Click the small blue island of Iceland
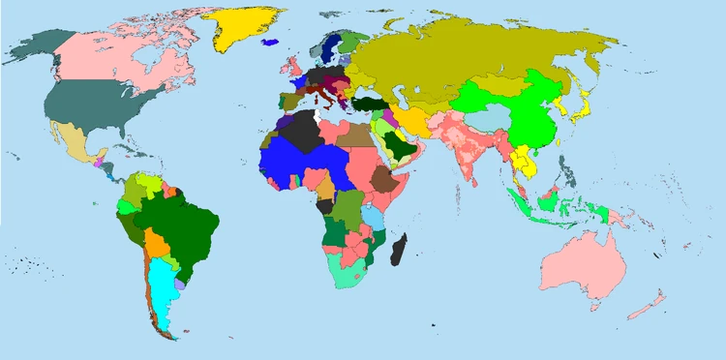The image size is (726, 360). (272, 41)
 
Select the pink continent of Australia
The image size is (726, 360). (582, 261)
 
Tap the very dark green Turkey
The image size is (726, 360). (371, 105)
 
